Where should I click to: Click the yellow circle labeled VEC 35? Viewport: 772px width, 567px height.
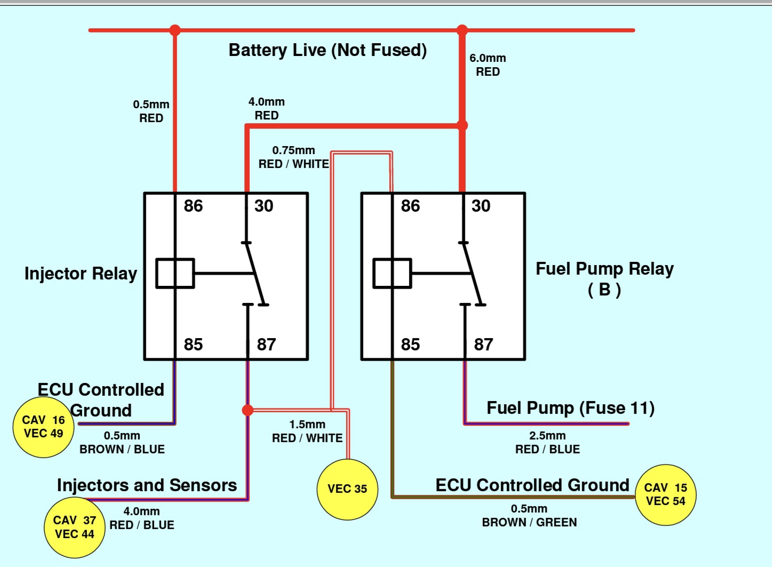(347, 489)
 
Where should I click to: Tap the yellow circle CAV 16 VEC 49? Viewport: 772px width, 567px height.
(43, 427)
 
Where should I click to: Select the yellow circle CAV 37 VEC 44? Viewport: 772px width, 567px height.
(74, 527)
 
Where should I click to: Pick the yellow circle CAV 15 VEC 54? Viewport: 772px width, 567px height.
(665, 494)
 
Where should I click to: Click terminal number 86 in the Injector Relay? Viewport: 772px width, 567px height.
(193, 206)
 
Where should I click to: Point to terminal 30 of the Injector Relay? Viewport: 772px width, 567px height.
(264, 206)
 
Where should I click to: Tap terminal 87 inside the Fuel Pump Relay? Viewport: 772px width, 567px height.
(483, 345)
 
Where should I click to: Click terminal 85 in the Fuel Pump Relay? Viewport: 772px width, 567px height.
(410, 345)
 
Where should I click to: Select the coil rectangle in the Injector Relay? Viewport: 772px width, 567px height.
(175, 274)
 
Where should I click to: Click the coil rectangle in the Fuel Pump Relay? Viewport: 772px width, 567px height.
(392, 274)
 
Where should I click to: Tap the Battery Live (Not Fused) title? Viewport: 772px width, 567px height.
(328, 50)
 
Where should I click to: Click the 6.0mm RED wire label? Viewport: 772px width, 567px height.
(488, 65)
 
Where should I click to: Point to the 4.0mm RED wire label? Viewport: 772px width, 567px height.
(267, 108)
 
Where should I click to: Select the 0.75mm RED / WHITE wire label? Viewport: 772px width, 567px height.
(293, 157)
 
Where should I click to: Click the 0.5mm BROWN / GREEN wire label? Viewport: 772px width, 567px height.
(529, 516)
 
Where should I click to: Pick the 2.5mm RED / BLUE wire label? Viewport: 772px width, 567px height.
(547, 443)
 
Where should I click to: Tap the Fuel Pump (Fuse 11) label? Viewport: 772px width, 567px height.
(570, 408)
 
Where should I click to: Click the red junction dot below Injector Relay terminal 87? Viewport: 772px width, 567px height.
(248, 410)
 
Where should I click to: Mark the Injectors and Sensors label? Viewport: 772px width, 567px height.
(147, 485)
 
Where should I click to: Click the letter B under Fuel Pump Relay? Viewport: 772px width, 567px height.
(604, 290)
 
